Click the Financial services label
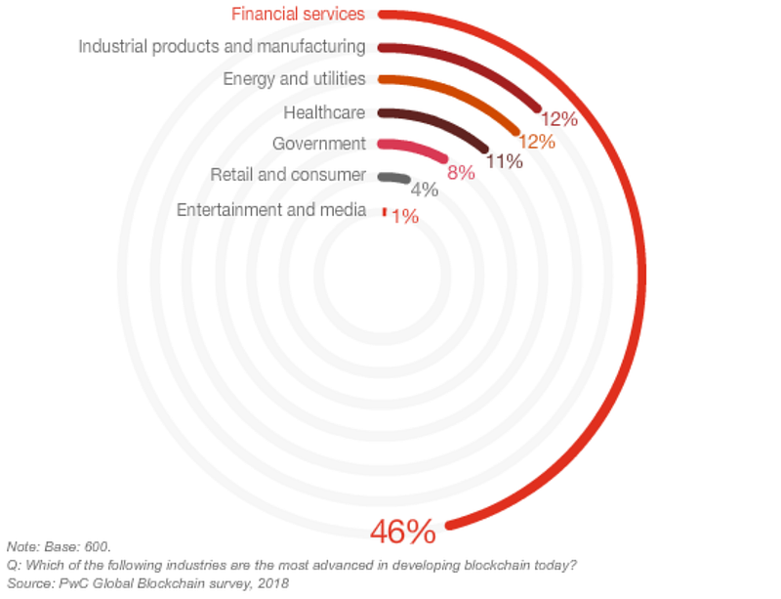[x=298, y=14]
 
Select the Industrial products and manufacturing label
[x=222, y=46]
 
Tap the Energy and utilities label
[x=294, y=79]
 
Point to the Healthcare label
[x=324, y=112]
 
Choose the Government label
[x=319, y=144]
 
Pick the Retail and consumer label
[x=288, y=175]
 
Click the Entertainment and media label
[x=271, y=209]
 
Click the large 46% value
[x=403, y=532]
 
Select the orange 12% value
[x=537, y=142]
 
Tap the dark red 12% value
[x=559, y=118]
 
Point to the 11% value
[x=505, y=161]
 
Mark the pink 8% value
[x=461, y=173]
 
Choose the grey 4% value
[x=425, y=190]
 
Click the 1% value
[x=405, y=217]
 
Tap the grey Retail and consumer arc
[x=394, y=177]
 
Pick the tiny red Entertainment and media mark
[x=384, y=212]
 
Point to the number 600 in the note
[x=96, y=546]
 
